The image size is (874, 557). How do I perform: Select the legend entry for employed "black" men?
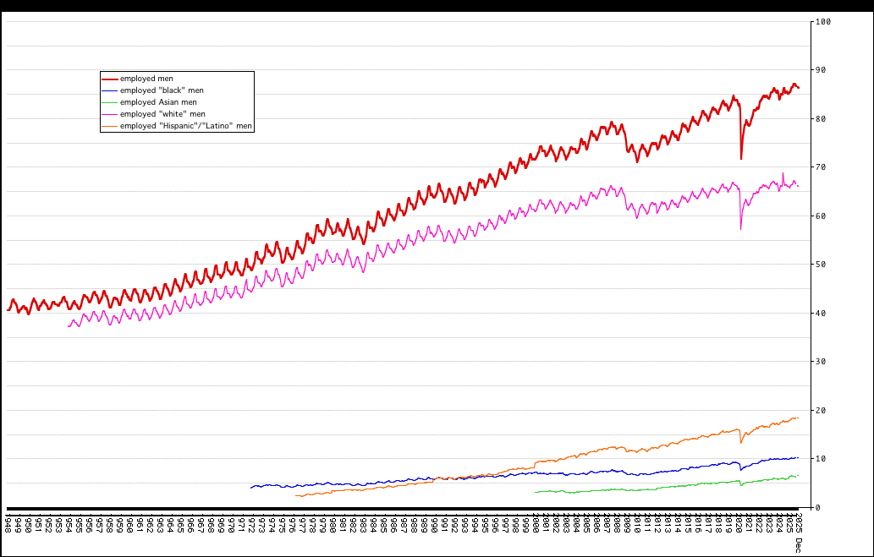tap(162, 90)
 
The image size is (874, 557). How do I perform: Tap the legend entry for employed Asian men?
tap(158, 102)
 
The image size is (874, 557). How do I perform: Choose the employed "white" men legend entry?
tap(162, 114)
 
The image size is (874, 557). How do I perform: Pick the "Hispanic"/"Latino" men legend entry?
tap(185, 126)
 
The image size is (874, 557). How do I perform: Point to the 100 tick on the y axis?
tap(822, 21)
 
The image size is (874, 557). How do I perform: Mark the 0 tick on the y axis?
tap(816, 508)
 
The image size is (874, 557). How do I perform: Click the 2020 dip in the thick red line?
tap(741, 158)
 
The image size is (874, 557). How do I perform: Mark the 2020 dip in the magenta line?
tap(741, 228)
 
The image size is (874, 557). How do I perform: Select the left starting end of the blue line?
tap(251, 488)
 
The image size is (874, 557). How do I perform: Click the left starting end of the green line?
tap(536, 492)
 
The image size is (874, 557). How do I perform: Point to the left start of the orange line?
tap(296, 496)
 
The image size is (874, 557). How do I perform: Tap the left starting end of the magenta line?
tap(69, 326)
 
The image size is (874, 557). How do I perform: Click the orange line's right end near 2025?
tap(797, 418)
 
